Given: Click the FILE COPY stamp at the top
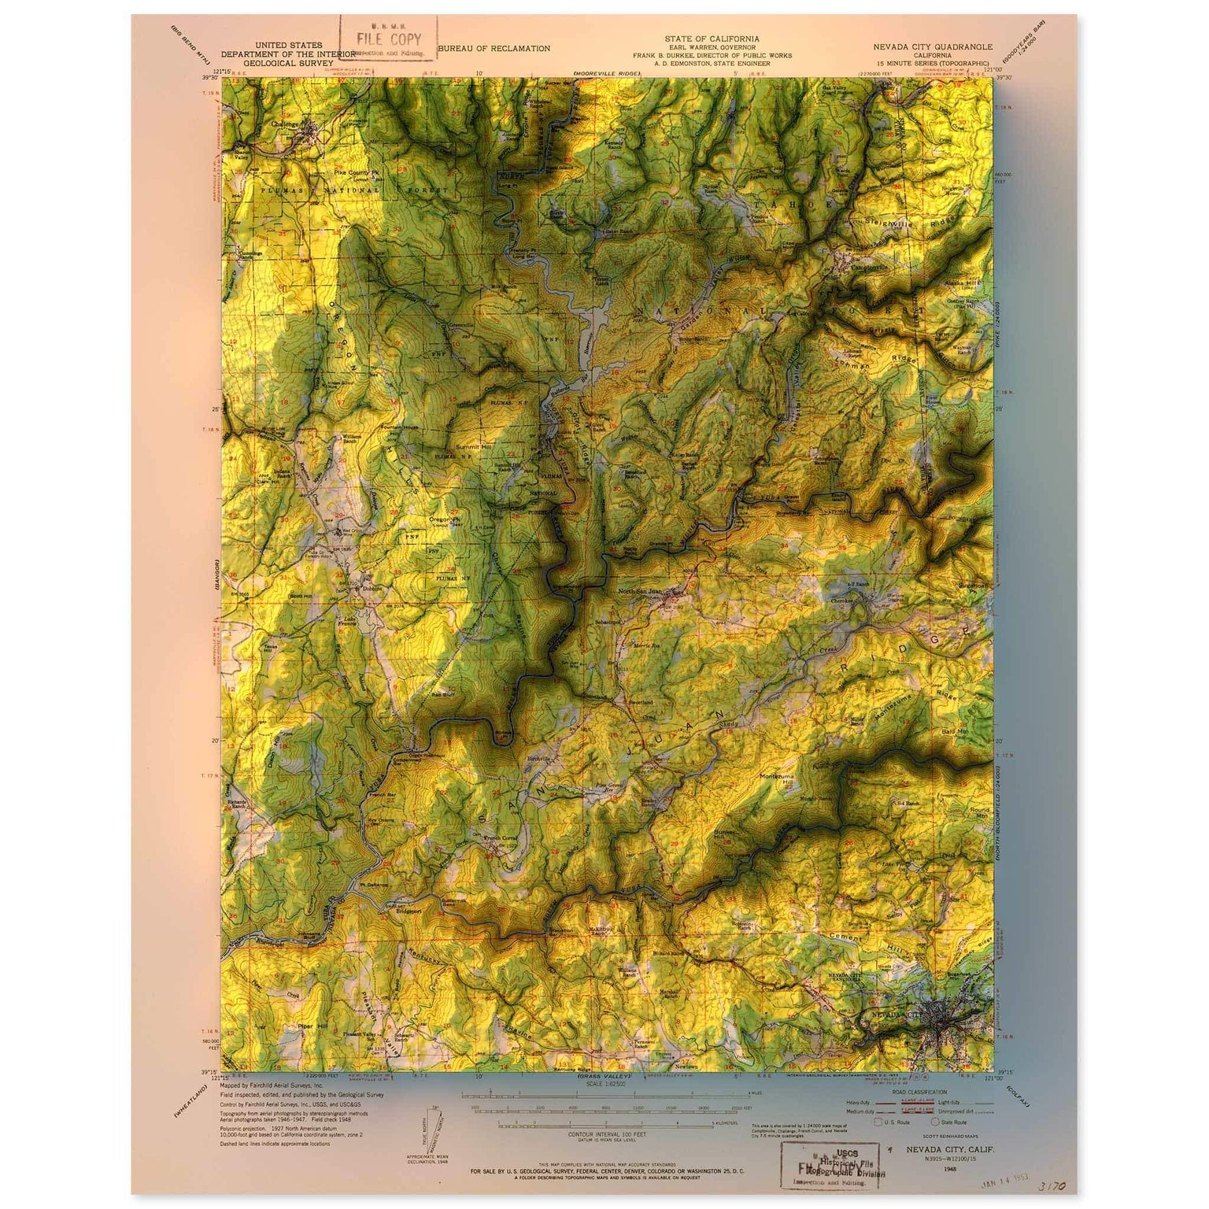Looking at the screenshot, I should [x=388, y=39].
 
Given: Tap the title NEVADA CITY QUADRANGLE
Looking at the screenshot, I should [x=933, y=46].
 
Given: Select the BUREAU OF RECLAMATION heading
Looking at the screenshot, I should [x=494, y=49].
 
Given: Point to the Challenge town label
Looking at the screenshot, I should [x=287, y=124].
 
